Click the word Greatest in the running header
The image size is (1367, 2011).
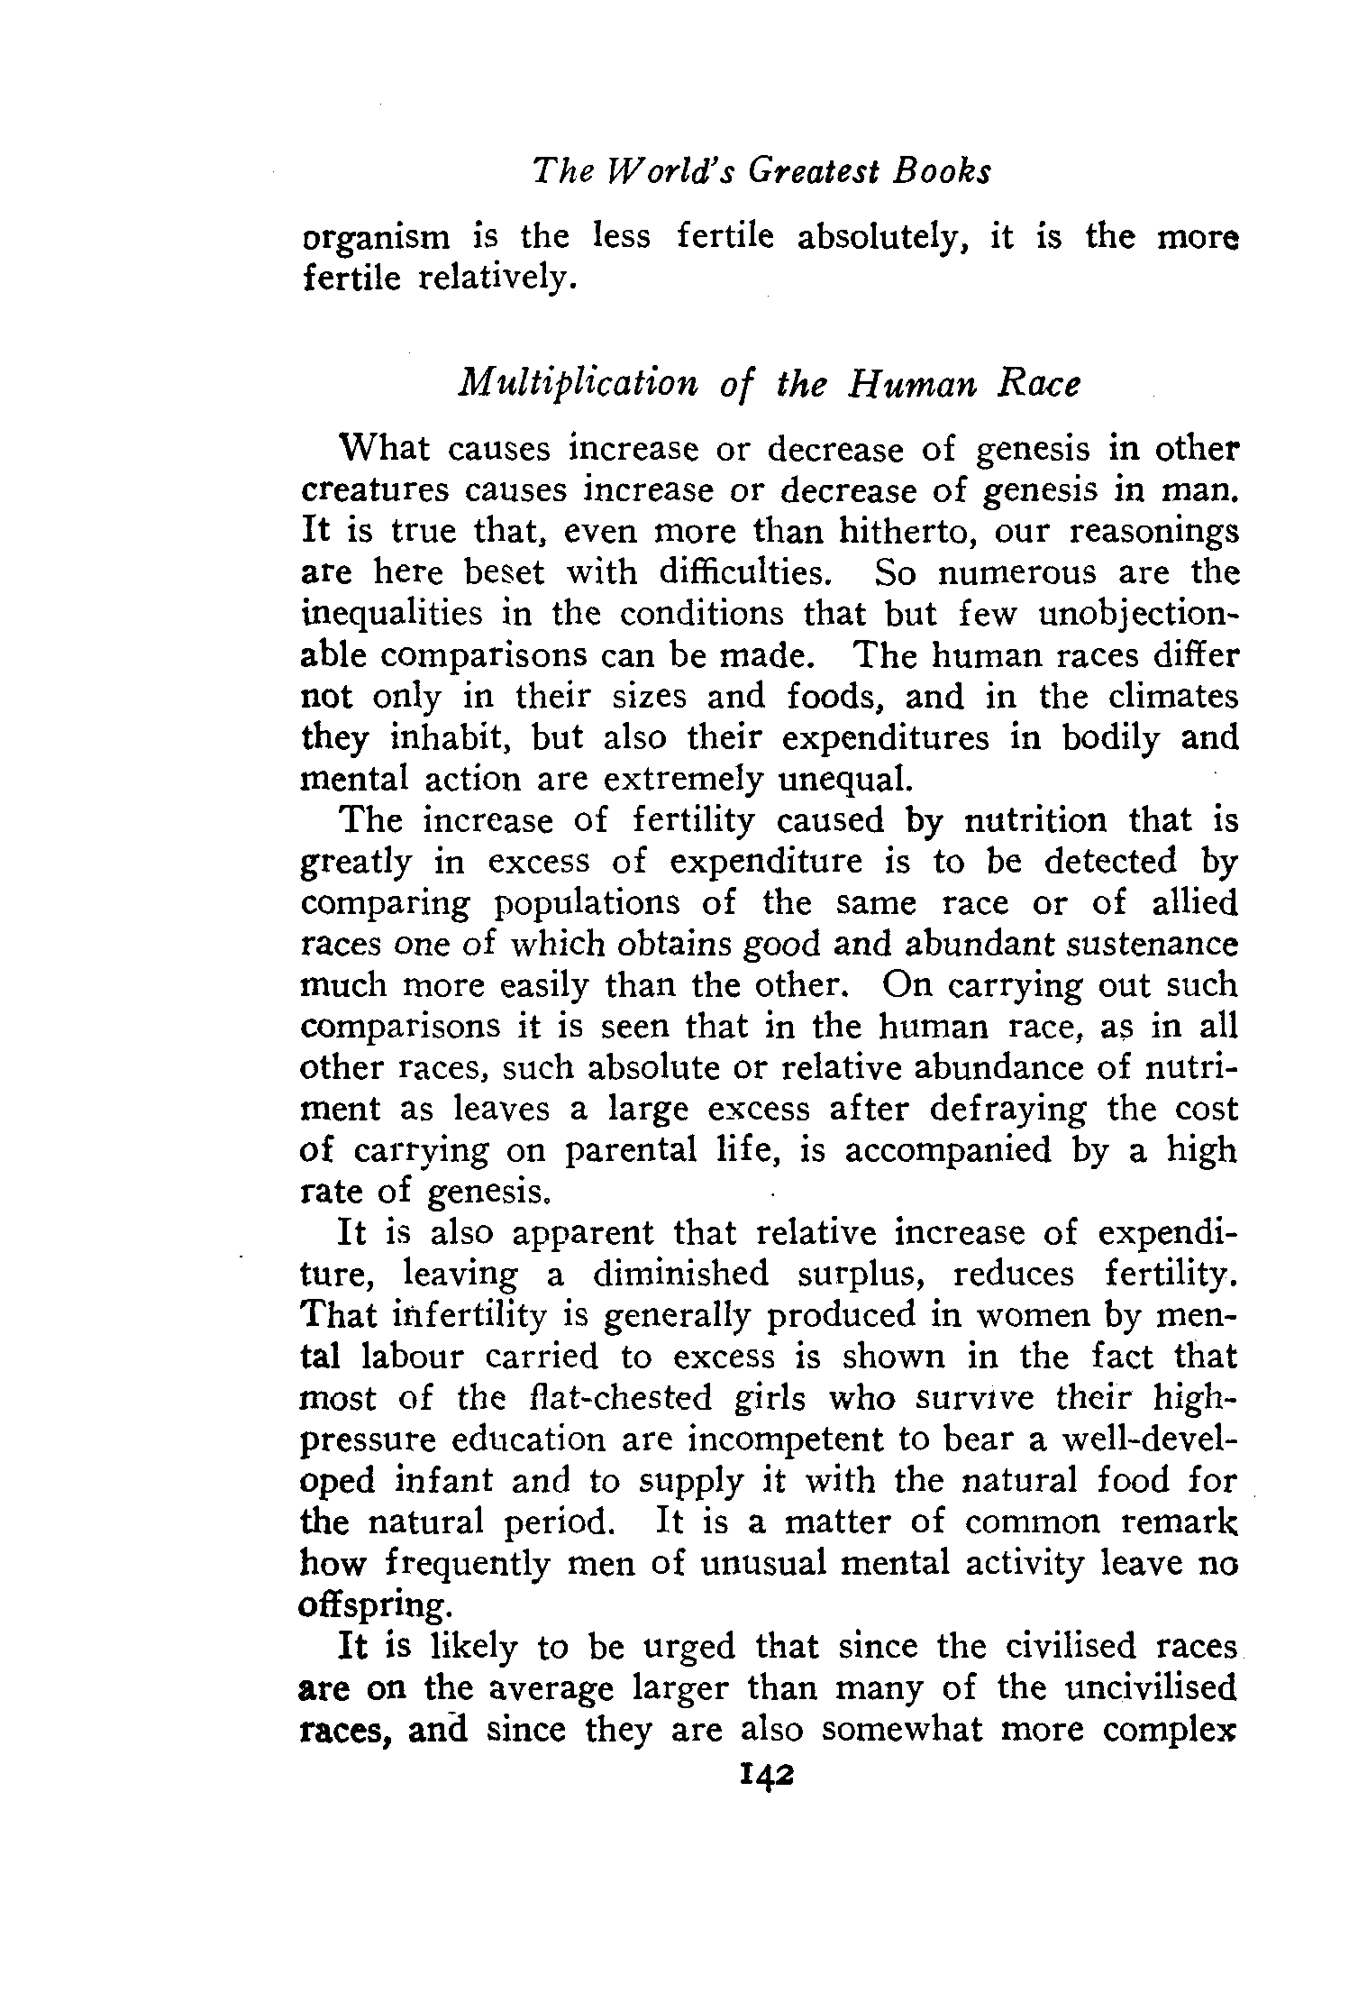pyautogui.click(x=809, y=170)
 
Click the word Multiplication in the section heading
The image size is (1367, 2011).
pyautogui.click(x=578, y=385)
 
